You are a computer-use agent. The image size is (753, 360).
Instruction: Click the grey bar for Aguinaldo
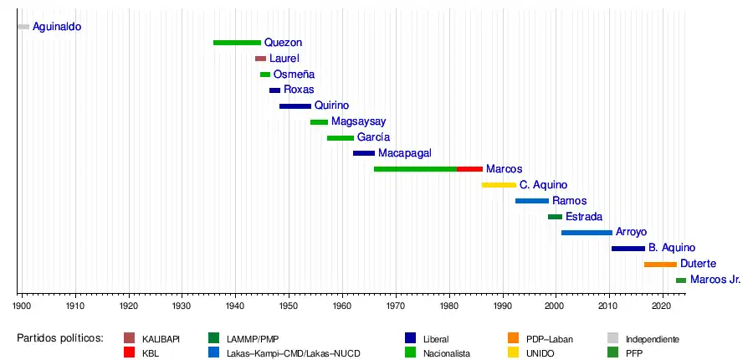point(23,27)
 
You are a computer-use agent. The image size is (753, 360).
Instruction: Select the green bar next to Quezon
point(237,43)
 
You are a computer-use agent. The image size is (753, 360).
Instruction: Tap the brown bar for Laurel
point(260,59)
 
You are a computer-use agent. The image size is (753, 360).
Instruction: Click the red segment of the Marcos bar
point(469,169)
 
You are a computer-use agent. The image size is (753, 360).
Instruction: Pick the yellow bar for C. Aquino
point(499,185)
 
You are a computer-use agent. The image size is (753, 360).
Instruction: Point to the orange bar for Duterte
point(660,265)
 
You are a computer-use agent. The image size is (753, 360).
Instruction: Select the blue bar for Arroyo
point(587,233)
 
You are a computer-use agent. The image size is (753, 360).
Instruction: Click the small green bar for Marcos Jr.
point(681,280)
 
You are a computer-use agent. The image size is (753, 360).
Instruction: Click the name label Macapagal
point(404,153)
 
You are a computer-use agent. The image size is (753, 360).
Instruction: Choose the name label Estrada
point(583,217)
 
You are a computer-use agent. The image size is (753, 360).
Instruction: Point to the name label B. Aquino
point(671,249)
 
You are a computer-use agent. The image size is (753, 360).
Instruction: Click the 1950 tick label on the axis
point(289,307)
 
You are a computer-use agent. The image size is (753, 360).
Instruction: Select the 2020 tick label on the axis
point(663,307)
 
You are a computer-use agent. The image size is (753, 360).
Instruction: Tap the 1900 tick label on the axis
point(21,307)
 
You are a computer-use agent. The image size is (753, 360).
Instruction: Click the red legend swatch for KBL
point(129,353)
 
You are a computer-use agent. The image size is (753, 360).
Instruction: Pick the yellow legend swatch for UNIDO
point(514,353)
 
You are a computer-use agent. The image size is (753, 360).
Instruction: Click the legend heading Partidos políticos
point(59,339)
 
